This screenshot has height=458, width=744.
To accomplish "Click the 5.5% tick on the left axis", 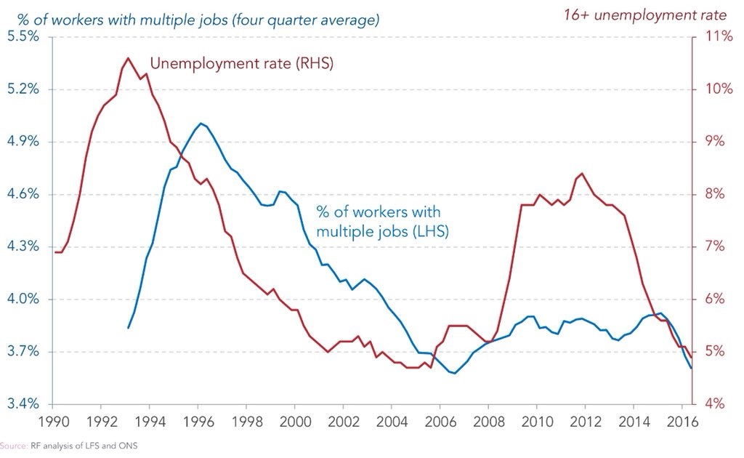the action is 23,36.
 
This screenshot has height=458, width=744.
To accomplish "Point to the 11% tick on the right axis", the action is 719,36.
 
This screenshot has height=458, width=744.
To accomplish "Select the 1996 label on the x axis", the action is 198,421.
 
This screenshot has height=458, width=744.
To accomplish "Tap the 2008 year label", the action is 489,421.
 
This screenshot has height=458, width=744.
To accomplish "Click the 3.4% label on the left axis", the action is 23,404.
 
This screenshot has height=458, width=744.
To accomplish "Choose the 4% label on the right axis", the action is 715,404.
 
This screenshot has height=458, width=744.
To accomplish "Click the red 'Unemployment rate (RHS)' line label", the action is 241,63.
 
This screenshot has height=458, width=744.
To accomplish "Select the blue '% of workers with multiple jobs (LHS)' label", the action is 382,221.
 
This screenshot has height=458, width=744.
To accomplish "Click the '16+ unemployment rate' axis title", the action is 645,15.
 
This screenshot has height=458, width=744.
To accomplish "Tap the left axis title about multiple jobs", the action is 198,20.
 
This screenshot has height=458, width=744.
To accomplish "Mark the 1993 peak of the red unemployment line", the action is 128,58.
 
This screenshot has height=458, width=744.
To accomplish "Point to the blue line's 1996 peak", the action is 201,124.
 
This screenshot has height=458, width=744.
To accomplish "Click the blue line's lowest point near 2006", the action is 455,373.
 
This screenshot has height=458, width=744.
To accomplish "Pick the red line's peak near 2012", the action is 582,173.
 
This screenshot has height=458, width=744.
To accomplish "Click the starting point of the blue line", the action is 128,328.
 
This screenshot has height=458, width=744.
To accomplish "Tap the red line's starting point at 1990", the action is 55,252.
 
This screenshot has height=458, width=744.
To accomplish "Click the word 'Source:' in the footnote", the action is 14,446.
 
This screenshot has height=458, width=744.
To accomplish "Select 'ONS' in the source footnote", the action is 129,446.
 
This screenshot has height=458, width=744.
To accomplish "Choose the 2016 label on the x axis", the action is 682,421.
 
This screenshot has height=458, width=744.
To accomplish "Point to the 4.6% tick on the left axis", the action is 23,194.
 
